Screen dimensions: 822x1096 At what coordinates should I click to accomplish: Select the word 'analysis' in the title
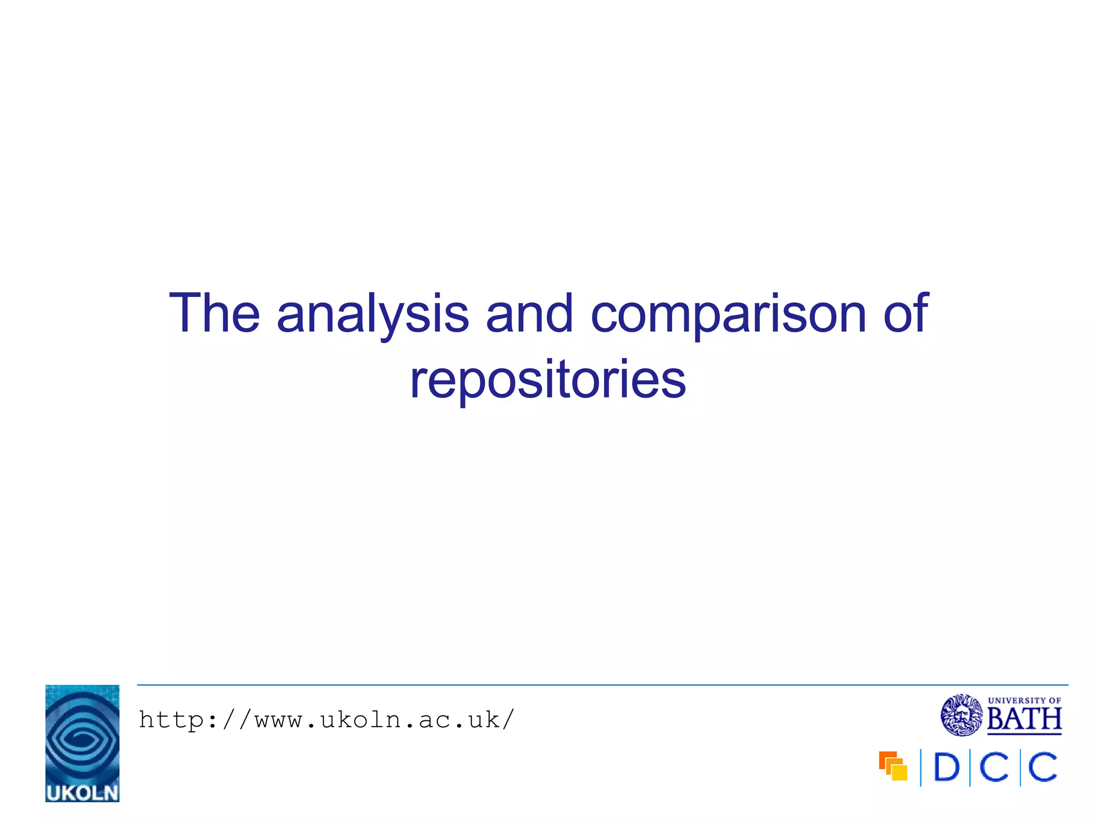(372, 316)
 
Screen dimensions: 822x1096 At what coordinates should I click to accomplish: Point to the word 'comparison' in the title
(728, 316)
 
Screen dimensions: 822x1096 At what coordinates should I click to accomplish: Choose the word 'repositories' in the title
(548, 380)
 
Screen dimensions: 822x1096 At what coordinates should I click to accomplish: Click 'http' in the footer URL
(172, 720)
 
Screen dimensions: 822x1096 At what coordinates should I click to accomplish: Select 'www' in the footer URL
(279, 721)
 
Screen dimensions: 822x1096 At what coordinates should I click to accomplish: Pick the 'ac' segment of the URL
(435, 721)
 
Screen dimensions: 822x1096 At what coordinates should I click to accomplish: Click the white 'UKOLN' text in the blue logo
(82, 793)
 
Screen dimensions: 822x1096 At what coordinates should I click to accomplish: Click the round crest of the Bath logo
(962, 715)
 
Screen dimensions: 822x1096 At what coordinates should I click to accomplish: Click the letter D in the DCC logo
(946, 768)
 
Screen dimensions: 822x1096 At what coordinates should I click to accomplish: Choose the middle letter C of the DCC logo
(995, 768)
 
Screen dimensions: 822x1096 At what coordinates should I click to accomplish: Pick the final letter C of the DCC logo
(1043, 768)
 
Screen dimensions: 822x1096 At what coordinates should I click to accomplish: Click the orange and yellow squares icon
(893, 766)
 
